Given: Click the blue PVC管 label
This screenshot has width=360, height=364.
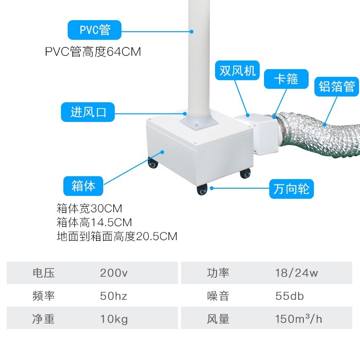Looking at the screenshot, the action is coord(95,30).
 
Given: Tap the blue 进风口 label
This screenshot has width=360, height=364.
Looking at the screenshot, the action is coord(88,112).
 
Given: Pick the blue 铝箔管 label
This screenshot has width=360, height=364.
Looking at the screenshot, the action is coord(336,86).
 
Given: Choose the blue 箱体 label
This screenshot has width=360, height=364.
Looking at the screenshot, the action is coord(83,185).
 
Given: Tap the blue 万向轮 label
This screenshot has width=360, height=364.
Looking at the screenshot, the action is coord(291,189).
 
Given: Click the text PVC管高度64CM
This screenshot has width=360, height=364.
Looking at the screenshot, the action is coord(93,52).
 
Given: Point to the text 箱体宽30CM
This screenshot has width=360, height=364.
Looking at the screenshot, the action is coord(89,209).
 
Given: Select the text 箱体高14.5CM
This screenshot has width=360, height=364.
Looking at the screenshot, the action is coord(94,223).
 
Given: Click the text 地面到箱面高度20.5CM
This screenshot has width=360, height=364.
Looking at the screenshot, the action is coord(117,236).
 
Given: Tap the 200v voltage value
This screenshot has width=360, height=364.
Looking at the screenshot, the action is coord(114,273).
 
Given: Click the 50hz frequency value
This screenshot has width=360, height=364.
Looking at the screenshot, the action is coord(114,296).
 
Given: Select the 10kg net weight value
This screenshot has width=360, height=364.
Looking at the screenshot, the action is coord(114,319).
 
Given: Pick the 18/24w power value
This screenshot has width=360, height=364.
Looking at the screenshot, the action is coord(296,273).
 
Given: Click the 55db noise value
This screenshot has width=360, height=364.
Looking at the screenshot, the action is coord(289,296).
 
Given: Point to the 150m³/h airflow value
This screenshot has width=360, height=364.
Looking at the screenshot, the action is coord(299,319).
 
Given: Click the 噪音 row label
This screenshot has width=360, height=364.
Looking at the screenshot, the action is coord(218,296).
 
